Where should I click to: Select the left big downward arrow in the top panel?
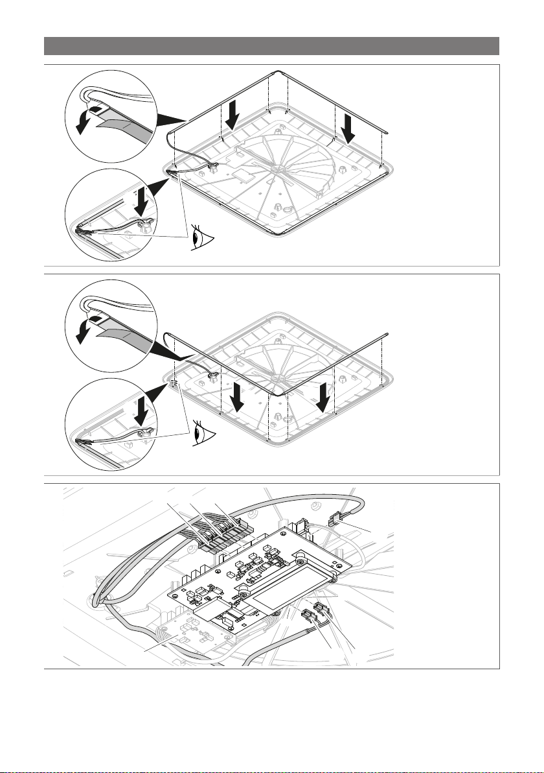click(232, 116)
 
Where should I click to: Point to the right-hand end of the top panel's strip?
click(387, 130)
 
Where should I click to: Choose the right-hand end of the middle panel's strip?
click(387, 334)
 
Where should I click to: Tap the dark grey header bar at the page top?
click(271, 46)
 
